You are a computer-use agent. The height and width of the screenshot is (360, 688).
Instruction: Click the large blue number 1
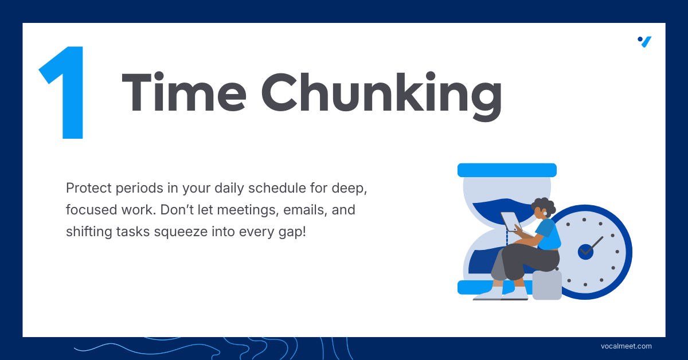pos(66,92)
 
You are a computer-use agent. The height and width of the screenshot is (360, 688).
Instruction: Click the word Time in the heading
pos(184,92)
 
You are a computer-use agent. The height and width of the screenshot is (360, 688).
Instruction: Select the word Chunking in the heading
pos(382,96)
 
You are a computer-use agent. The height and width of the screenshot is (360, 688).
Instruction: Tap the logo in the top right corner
pos(644,42)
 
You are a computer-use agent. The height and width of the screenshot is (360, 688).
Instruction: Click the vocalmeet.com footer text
pos(626,346)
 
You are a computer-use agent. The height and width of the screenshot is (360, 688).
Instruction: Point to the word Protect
pos(88,188)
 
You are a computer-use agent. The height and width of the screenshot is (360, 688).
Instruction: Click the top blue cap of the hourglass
pos(507,170)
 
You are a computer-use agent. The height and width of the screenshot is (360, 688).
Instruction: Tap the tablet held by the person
pos(511,221)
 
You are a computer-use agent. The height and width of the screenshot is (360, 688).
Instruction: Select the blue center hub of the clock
pos(585,252)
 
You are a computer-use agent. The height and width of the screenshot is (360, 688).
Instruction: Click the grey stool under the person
pos(547,285)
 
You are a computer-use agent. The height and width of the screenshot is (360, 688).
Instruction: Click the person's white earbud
pos(545,213)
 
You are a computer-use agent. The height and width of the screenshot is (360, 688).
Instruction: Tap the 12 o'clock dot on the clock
pos(584,220)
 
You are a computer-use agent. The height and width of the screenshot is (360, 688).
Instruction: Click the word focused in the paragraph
pos(92,210)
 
